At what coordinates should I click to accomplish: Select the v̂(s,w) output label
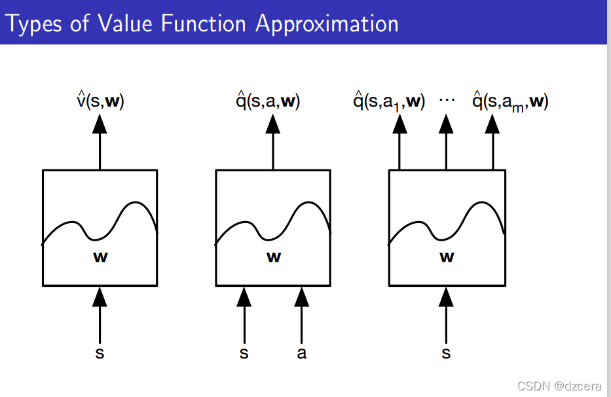pyautogui.click(x=100, y=101)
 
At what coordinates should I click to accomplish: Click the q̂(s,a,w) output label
pyautogui.click(x=268, y=101)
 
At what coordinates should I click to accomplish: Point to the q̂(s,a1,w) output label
pyautogui.click(x=389, y=101)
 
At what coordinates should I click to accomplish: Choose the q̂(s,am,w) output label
pyautogui.click(x=510, y=101)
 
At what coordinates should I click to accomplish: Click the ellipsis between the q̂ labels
pyautogui.click(x=447, y=100)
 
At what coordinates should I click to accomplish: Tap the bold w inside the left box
pyautogui.click(x=100, y=257)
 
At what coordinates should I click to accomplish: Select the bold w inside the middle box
pyautogui.click(x=274, y=257)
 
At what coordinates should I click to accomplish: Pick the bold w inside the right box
pyautogui.click(x=447, y=257)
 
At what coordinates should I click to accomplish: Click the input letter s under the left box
pyautogui.click(x=100, y=354)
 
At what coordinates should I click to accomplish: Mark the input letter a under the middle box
pyautogui.click(x=302, y=354)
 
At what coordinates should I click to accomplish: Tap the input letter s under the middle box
pyautogui.click(x=244, y=354)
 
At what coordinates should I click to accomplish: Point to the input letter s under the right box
pyautogui.click(x=447, y=354)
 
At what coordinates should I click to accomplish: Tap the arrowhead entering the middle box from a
pyautogui.click(x=302, y=297)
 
